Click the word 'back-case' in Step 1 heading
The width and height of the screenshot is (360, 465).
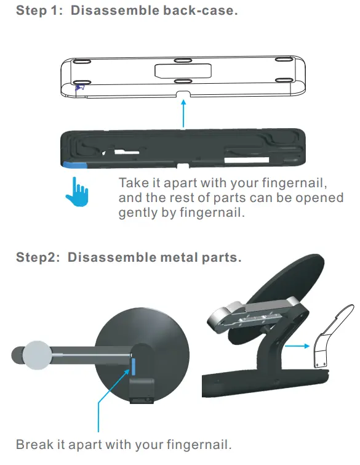[203, 12]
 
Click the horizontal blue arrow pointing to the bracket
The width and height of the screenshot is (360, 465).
[294, 346]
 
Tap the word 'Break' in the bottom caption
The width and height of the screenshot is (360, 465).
[34, 444]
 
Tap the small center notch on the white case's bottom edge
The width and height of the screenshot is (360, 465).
[183, 94]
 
